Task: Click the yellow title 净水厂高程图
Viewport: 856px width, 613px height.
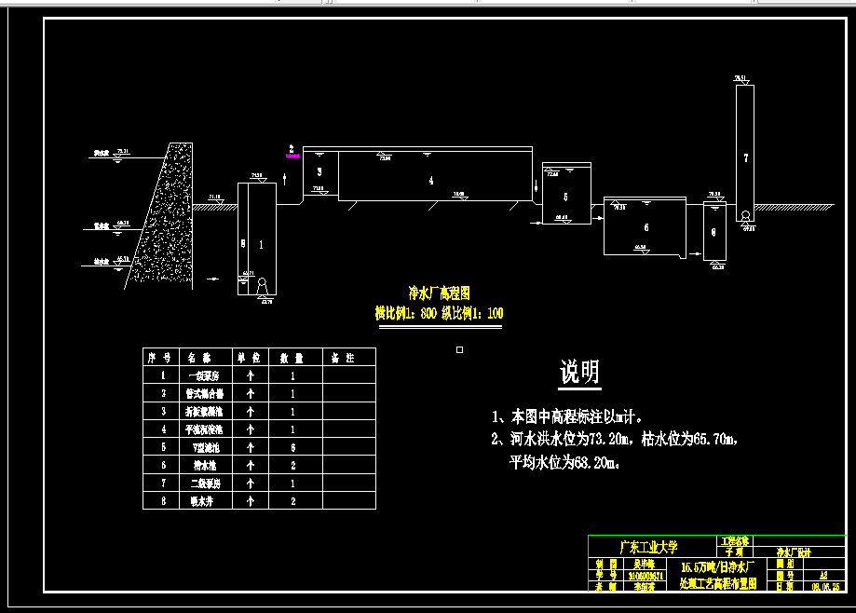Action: click(440, 292)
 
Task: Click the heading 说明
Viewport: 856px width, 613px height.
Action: click(579, 373)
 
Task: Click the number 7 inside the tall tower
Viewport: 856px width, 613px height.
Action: click(745, 157)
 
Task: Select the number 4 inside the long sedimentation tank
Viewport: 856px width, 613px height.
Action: click(431, 182)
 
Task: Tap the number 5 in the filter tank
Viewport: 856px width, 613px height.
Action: click(565, 198)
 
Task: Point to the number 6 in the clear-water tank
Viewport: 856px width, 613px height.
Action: click(646, 228)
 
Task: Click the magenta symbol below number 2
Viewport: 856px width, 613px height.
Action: click(292, 157)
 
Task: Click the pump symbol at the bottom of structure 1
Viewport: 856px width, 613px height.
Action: click(262, 284)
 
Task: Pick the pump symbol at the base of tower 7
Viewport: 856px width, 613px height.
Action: click(745, 216)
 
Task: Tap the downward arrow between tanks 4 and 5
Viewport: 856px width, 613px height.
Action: click(537, 190)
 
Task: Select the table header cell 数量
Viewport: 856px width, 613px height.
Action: click(292, 357)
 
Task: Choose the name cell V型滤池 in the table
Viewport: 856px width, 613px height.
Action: click(201, 447)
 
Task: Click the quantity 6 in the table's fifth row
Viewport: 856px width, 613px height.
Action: click(292, 447)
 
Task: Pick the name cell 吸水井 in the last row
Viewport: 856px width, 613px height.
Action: click(201, 501)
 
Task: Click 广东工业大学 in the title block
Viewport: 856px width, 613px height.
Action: click(648, 546)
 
